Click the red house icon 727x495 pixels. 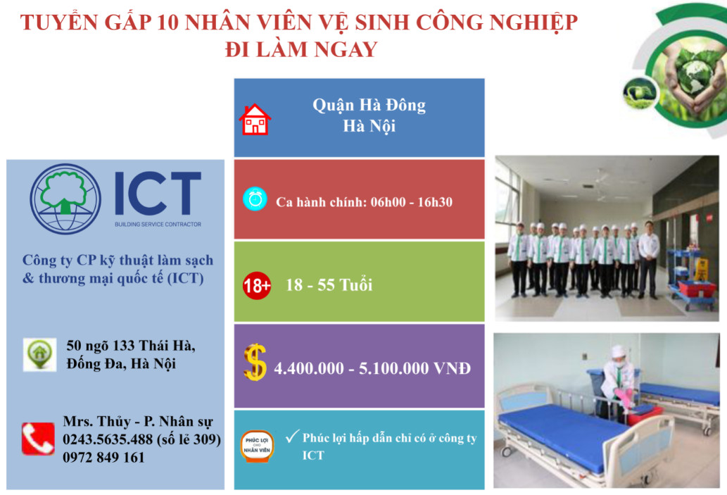coord(255,120)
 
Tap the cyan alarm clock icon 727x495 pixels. coord(255,199)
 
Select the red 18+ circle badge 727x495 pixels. coord(257,285)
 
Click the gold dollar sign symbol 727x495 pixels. coord(255,363)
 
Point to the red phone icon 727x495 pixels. coord(38,439)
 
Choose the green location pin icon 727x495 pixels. coord(40,354)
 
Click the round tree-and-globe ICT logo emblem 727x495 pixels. coord(65,199)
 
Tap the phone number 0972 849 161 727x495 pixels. coord(104,458)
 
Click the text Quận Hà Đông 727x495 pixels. coord(369,106)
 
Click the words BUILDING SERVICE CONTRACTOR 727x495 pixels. coord(158,224)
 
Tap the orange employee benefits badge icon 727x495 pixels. coord(257,446)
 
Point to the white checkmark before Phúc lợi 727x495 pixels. coord(292,436)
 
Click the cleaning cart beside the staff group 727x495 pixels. coord(687,278)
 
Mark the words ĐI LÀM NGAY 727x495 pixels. coord(301,49)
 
